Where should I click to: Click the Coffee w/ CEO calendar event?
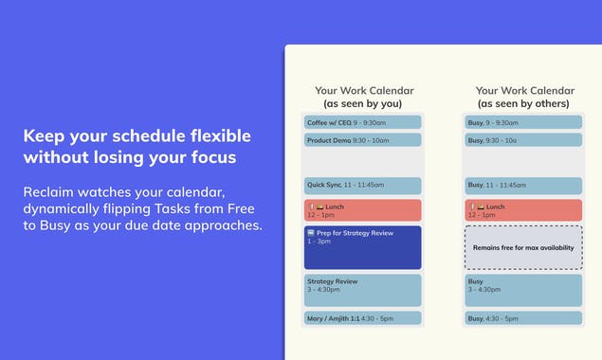363,122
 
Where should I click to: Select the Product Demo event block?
363,140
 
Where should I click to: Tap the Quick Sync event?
363,186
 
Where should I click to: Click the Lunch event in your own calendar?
363,210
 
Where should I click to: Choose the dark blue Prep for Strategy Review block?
363,247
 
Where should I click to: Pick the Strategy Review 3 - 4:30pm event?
363,290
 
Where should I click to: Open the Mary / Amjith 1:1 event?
363,318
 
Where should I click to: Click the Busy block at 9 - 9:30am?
523,122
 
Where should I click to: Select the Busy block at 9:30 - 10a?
523,140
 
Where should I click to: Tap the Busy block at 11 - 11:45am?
523,186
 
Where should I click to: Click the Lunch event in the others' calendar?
523,210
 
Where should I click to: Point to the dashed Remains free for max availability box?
523,247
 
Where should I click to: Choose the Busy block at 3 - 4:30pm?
523,290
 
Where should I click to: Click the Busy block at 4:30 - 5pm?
523,318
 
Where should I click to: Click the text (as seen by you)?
364,103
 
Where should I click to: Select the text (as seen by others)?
523,103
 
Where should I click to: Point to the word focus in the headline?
212,157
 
